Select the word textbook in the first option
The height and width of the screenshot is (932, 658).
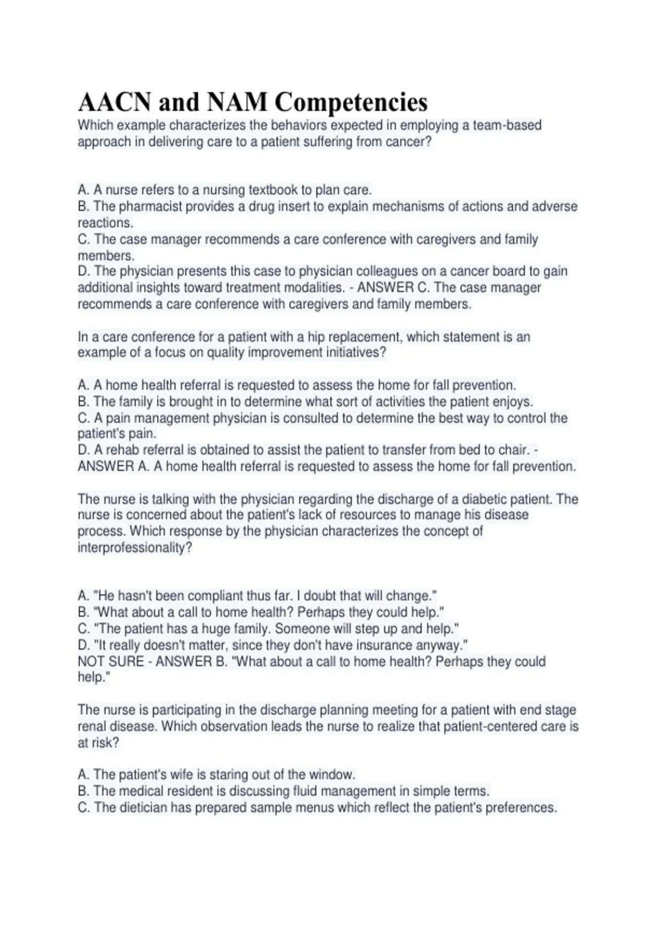(x=273, y=190)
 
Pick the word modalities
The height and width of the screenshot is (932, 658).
(x=313, y=288)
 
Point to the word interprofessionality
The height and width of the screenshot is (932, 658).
(x=135, y=548)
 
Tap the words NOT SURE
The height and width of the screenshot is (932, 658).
(x=109, y=662)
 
